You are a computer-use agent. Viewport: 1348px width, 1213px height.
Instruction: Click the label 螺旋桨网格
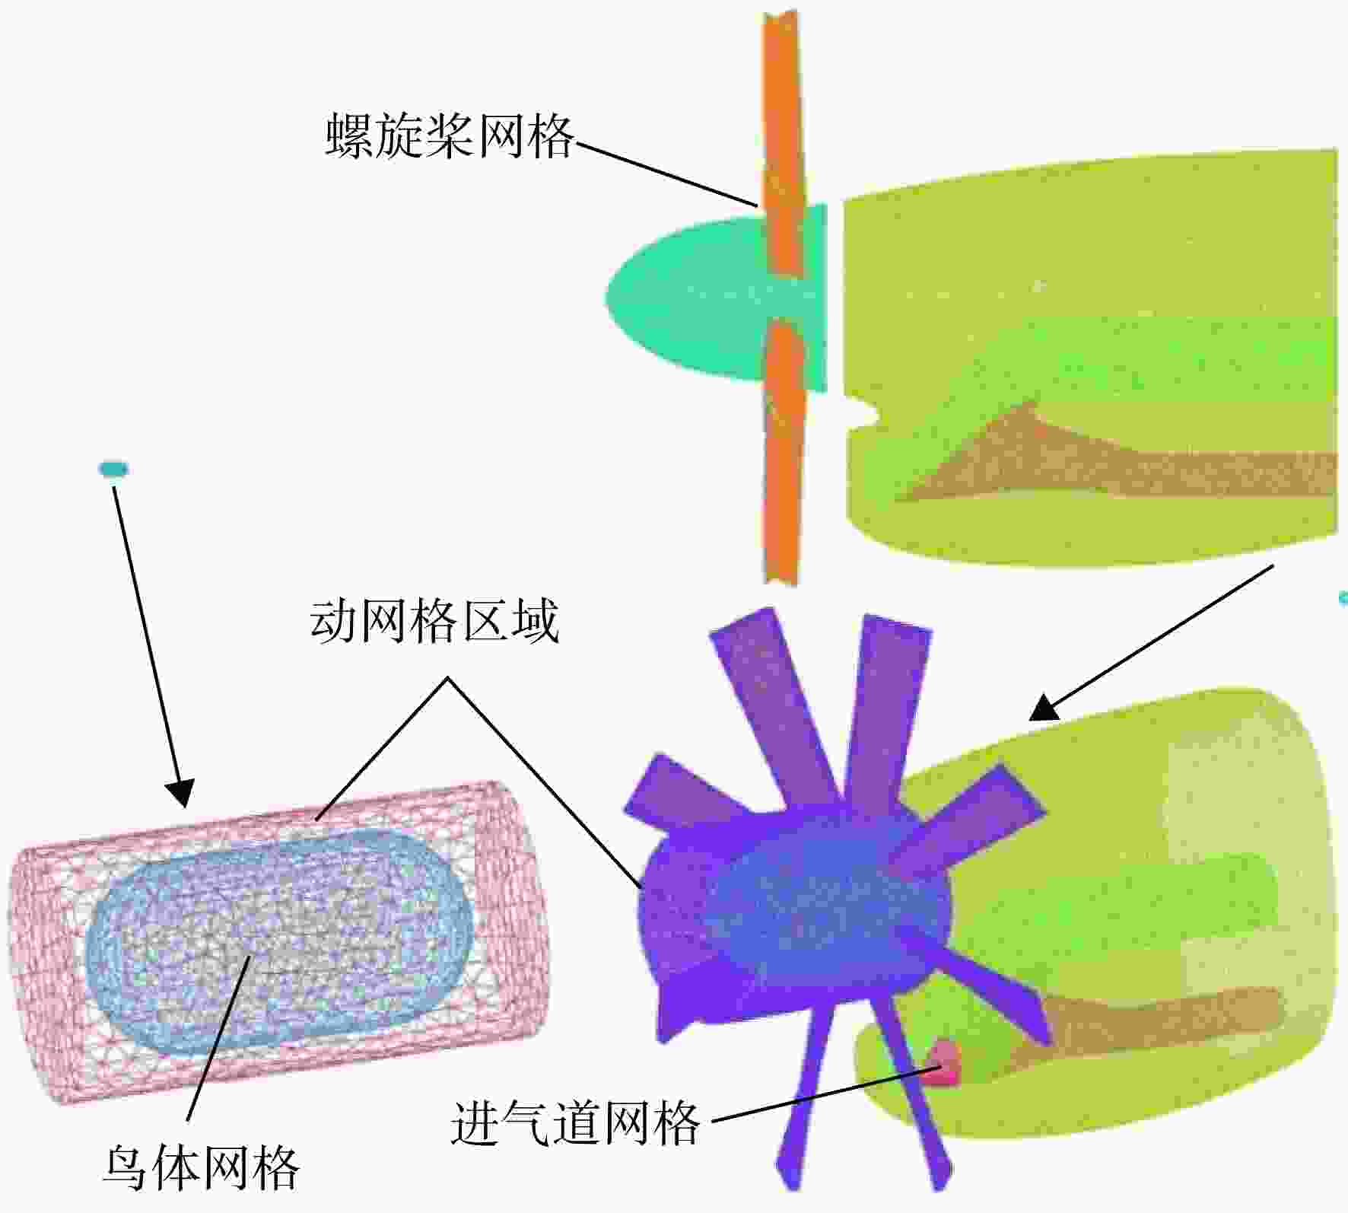coord(450,136)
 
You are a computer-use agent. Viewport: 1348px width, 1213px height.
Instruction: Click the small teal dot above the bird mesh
coord(113,469)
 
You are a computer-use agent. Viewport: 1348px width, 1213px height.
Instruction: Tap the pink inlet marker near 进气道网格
coord(946,1062)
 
